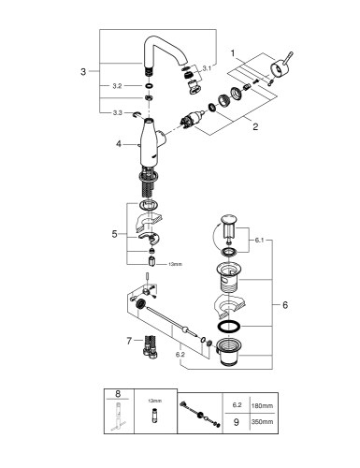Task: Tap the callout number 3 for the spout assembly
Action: tap(83, 70)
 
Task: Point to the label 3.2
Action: tap(117, 85)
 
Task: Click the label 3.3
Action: tap(117, 112)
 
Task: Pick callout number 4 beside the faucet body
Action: tap(120, 145)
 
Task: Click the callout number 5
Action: tap(114, 234)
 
